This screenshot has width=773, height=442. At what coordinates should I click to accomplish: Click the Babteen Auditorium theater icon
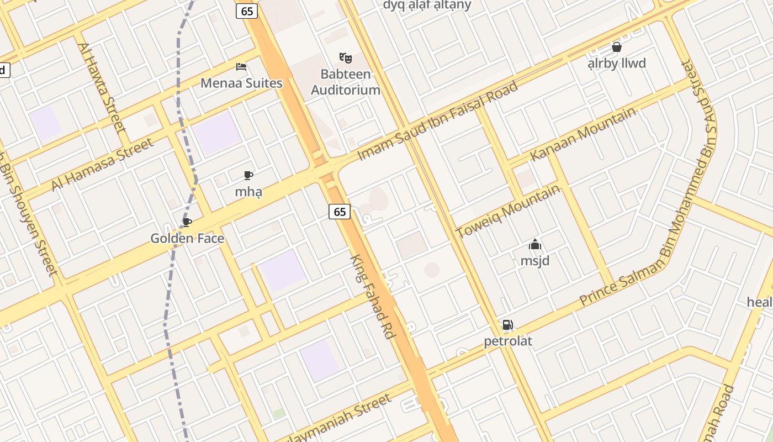[346, 57]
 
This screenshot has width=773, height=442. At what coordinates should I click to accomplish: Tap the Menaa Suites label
[241, 83]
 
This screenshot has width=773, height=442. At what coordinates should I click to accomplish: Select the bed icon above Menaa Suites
[241, 67]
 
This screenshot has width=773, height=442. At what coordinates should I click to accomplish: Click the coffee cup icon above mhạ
[248, 176]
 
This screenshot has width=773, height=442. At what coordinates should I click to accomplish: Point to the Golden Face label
[187, 239]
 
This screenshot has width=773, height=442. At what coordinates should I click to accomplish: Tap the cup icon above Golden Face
[187, 222]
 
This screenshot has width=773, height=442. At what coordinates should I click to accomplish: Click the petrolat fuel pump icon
[507, 325]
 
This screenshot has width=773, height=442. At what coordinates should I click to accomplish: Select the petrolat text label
[508, 341]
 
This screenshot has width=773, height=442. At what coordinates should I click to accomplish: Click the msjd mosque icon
[535, 244]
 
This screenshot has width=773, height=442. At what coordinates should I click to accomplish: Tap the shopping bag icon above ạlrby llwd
[617, 47]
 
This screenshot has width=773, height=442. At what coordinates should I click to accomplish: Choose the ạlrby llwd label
[617, 64]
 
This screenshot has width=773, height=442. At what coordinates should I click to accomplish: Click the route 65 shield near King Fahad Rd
[340, 212]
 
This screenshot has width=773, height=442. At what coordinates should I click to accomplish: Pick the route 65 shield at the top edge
[247, 10]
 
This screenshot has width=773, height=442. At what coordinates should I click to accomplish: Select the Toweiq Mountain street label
[508, 211]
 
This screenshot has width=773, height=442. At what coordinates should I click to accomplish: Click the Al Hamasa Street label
[102, 165]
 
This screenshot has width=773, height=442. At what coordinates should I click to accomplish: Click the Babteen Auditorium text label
[346, 82]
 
